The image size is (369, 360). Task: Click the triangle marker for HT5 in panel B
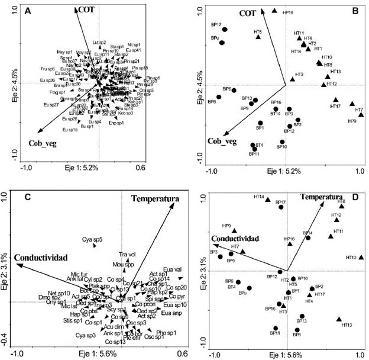[x=258, y=37]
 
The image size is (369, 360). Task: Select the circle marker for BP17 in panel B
[x=225, y=29]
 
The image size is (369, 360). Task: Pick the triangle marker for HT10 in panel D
[x=361, y=258]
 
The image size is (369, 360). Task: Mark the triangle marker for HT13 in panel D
[x=339, y=320]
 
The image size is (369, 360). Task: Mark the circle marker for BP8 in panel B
[x=219, y=97]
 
